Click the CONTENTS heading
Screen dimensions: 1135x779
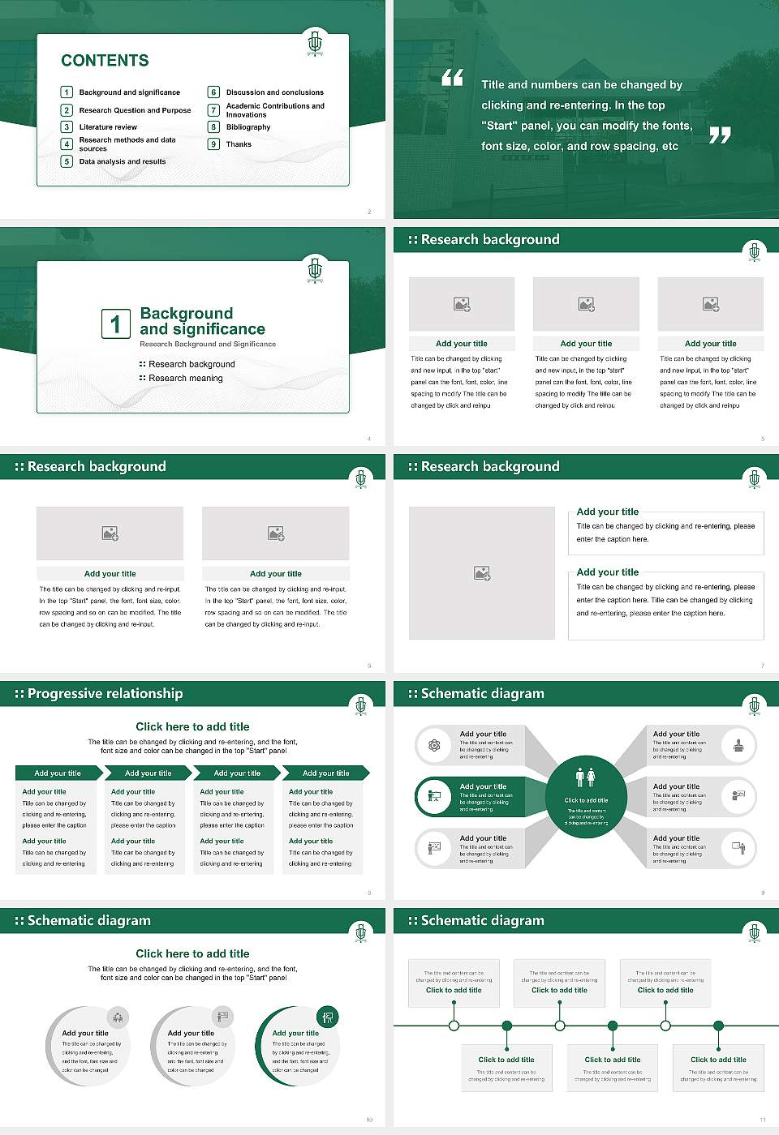pyautogui.click(x=105, y=61)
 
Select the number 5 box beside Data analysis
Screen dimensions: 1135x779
pyautogui.click(x=67, y=161)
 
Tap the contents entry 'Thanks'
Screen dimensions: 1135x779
pyautogui.click(x=239, y=144)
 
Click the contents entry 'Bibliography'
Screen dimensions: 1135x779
pyautogui.click(x=248, y=127)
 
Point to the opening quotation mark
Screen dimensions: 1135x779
pyautogui.click(x=452, y=78)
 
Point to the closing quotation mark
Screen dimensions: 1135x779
pyautogui.click(x=720, y=135)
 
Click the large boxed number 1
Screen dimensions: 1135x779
pyautogui.click(x=115, y=323)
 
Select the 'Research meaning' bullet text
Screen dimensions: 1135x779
pyautogui.click(x=185, y=379)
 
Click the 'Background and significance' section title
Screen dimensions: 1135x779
pyautogui.click(x=202, y=321)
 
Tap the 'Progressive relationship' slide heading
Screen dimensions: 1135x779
pyautogui.click(x=105, y=694)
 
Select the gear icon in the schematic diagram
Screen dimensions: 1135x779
pyautogui.click(x=434, y=745)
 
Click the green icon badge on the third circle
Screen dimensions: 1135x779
pyautogui.click(x=327, y=1017)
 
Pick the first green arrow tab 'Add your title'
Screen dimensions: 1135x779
pyautogui.click(x=58, y=773)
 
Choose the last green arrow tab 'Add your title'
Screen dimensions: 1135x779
pyautogui.click(x=325, y=773)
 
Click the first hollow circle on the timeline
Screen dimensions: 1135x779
pyautogui.click(x=454, y=1026)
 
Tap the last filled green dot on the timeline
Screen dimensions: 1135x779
pyautogui.click(x=718, y=1026)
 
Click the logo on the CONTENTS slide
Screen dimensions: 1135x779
pyautogui.click(x=315, y=43)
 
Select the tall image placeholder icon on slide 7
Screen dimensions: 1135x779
pyautogui.click(x=482, y=573)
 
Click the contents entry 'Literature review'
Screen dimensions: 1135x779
pyautogui.click(x=108, y=127)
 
